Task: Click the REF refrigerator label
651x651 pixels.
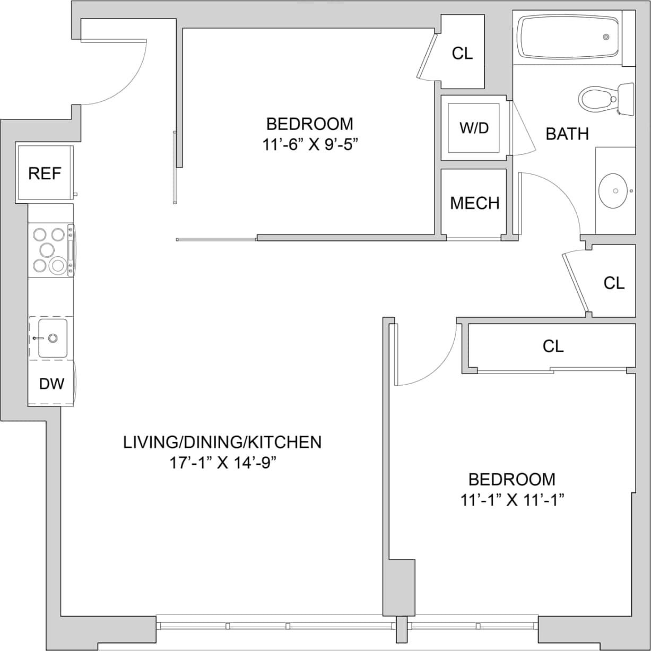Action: click(45, 173)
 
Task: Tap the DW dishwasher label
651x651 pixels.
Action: click(51, 384)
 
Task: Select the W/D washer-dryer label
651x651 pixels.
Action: click(474, 128)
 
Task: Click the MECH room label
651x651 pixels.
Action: click(474, 203)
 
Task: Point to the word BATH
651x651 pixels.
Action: click(567, 134)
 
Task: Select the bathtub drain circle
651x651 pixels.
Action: click(606, 37)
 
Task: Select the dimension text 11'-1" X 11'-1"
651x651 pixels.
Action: click(511, 500)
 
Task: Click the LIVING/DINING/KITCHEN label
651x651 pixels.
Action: click(222, 442)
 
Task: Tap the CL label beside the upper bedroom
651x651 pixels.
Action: click(462, 53)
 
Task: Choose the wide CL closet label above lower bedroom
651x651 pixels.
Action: click(553, 346)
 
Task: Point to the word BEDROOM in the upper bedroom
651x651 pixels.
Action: click(309, 124)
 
